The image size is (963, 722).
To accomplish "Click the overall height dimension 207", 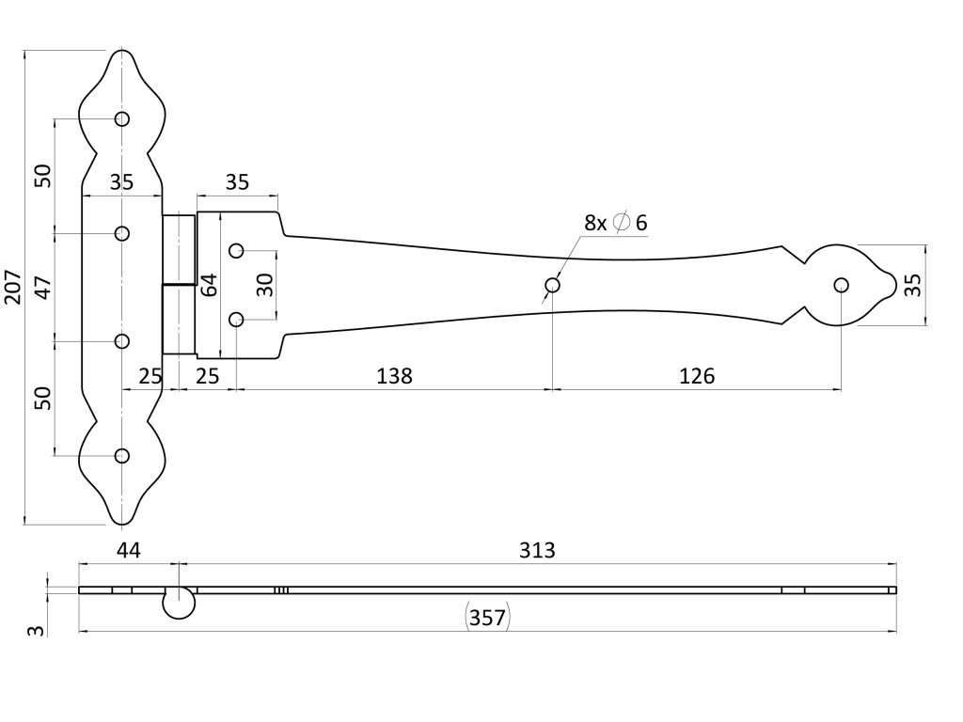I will point(13,287).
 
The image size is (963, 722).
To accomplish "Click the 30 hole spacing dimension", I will point(266,284).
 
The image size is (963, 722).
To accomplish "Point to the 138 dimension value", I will point(394,376).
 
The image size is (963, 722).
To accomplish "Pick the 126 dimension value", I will point(696,376).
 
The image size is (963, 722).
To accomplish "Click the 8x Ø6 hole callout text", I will point(616,223).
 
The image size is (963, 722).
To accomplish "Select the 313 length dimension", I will point(537,550).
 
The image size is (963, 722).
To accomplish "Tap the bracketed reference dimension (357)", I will point(487,618).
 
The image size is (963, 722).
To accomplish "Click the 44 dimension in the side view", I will point(128,550).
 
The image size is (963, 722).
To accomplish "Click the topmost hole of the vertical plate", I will point(122,119).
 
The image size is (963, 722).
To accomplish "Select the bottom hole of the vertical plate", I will point(122,456).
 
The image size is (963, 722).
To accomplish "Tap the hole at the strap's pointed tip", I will point(841,285).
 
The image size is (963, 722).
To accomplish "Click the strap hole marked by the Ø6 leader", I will point(553,285).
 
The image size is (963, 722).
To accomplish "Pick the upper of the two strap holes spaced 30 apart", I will point(237,250).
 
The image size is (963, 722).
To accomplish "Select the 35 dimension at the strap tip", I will point(912,285).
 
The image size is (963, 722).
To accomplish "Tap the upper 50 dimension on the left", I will point(42,175).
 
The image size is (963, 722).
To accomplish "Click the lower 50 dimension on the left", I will point(42,397).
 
